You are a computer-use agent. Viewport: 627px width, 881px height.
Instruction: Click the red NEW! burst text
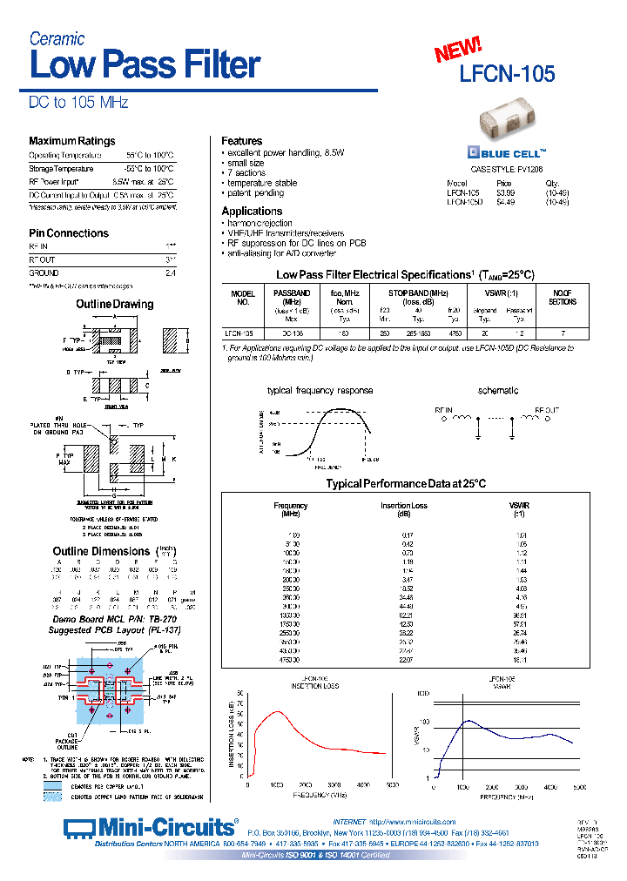coord(458,51)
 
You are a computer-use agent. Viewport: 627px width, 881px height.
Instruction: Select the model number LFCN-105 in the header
coord(508,74)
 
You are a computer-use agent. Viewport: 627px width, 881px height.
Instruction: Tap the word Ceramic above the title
coord(57,38)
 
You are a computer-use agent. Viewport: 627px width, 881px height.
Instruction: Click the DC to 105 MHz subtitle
coord(78,103)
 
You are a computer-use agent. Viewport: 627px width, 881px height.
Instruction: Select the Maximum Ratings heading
coord(71,141)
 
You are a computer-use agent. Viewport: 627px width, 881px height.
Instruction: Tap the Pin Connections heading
coord(69,233)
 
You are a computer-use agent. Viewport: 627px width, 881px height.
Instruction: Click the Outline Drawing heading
coord(114,304)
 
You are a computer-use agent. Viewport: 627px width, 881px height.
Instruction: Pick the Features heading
coord(241,141)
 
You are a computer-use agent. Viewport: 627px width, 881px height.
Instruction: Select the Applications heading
coord(252,212)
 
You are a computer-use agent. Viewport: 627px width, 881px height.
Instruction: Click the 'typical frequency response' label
coord(320,391)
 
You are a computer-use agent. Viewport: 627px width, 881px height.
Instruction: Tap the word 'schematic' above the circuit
coord(498,391)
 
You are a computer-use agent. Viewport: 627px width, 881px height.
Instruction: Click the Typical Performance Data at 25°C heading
coord(405,483)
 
